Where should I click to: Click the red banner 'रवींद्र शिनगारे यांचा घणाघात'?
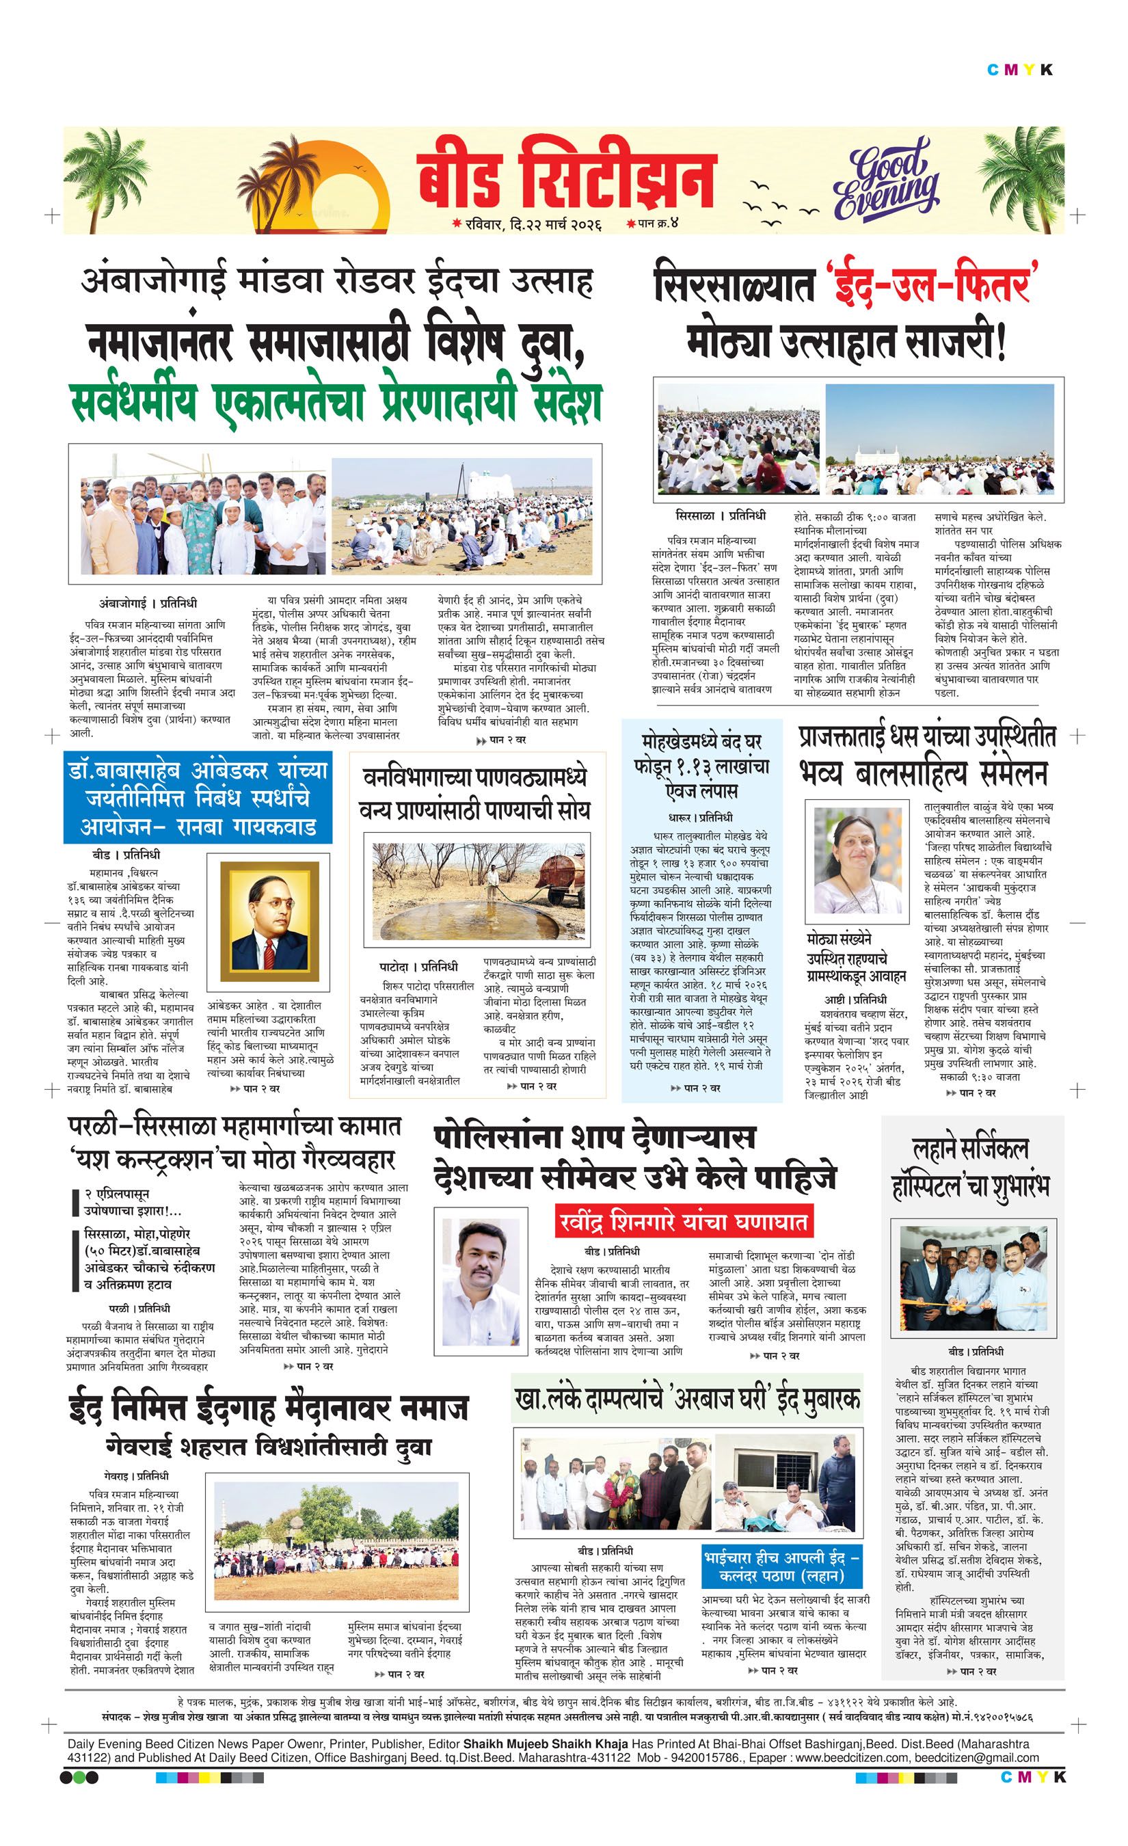684,1223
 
